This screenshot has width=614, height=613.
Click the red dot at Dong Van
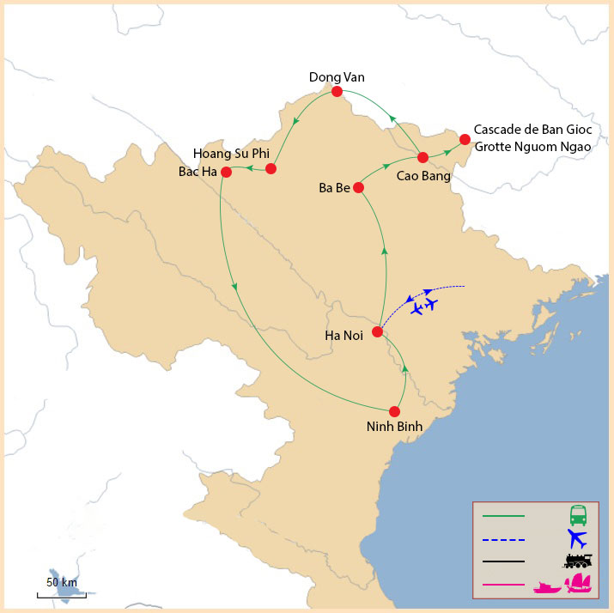coord(337,92)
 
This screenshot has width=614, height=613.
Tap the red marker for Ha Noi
coord(377,331)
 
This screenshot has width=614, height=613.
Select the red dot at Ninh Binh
coord(395,411)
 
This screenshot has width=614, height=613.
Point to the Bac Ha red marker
coord(227,172)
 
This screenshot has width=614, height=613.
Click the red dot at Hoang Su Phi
coord(271,168)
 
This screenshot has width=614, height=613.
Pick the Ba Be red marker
coord(358,187)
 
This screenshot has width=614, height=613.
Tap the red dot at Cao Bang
coord(423,157)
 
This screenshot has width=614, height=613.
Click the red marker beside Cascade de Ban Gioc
coord(465,139)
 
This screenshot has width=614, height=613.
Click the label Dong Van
coord(337,77)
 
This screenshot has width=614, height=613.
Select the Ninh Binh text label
coord(395,427)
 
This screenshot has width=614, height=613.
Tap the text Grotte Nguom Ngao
coord(533,146)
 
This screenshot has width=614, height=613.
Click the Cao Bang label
coord(423,175)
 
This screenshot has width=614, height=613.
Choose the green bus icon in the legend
coord(578,516)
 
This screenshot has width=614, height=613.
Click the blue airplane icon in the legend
coord(577,539)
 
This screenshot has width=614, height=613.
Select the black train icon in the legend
coord(578,561)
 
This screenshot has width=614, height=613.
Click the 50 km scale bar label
coord(62,582)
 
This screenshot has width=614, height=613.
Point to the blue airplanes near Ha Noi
coord(423,306)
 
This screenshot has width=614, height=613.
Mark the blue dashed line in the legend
coord(503,539)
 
